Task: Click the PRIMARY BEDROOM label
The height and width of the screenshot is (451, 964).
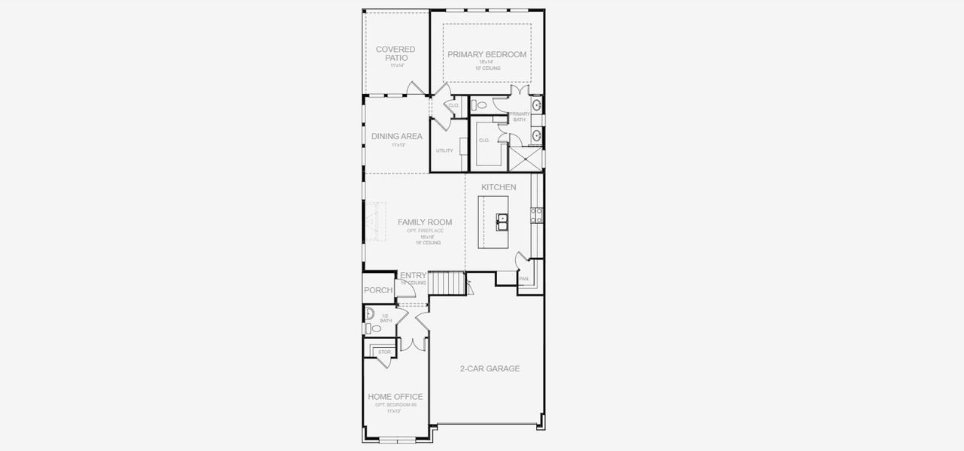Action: (x=487, y=54)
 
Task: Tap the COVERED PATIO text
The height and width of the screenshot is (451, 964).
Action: (x=396, y=53)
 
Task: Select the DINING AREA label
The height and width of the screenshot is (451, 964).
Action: (x=396, y=137)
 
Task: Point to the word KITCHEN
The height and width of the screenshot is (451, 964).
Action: (x=499, y=187)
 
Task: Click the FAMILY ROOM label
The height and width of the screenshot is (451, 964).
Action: (x=425, y=222)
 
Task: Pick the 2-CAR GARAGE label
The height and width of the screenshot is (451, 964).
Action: (x=490, y=369)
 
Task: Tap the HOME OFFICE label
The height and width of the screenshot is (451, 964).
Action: (x=395, y=397)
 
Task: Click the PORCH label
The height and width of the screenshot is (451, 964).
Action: (x=377, y=291)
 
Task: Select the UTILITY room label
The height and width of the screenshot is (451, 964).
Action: (x=444, y=150)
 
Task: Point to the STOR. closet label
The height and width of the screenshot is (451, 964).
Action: (x=384, y=352)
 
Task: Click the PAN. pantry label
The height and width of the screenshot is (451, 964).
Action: (x=524, y=279)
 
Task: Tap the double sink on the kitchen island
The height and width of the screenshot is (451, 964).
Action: (x=502, y=221)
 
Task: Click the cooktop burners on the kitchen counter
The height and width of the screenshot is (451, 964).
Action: (x=538, y=216)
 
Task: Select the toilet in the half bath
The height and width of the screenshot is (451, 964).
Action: (x=376, y=328)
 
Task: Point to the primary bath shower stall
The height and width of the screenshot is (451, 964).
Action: (x=526, y=159)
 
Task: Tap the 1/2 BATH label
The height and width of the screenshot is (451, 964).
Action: (x=386, y=319)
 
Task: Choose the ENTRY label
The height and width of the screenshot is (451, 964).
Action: (x=414, y=276)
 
